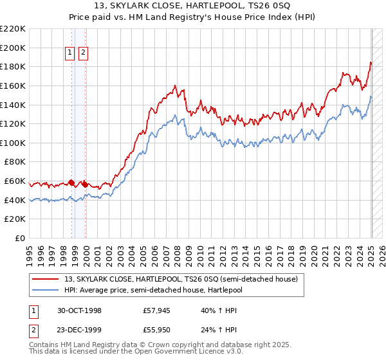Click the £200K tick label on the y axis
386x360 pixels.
coord(13,48)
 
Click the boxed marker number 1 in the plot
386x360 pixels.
coord(69,54)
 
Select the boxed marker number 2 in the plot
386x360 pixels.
coord(84,54)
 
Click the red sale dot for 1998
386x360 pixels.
coord(72,183)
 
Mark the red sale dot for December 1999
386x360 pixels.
coord(85,184)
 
